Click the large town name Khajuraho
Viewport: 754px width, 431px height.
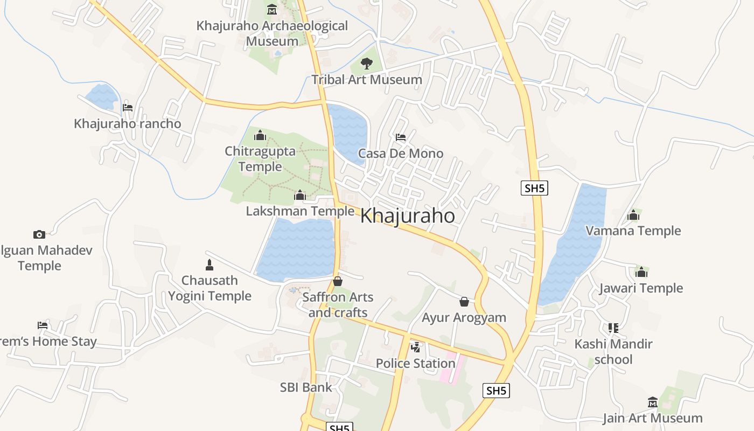point(407,216)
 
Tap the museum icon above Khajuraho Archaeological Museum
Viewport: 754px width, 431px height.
point(272,10)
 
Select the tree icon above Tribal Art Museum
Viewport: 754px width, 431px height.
point(366,64)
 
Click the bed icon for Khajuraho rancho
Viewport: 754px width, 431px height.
point(128,107)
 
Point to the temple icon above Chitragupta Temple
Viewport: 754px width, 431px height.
point(260,135)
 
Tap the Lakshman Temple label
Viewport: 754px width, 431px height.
point(300,211)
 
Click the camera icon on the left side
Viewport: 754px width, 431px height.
point(39,234)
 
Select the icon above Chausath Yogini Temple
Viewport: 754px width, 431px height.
point(210,265)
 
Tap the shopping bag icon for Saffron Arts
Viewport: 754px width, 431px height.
point(338,281)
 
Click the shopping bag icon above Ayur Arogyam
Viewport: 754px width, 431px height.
point(464,302)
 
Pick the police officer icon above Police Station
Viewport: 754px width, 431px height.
point(415,347)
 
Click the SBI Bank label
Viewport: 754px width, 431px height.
point(306,387)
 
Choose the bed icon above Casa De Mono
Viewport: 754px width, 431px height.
point(401,137)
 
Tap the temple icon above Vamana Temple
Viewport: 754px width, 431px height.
point(633,215)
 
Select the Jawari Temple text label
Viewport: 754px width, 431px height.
point(641,288)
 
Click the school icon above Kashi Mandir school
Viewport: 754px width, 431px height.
point(613,328)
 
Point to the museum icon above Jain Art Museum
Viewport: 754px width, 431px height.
point(653,402)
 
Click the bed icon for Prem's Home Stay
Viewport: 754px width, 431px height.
point(43,325)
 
